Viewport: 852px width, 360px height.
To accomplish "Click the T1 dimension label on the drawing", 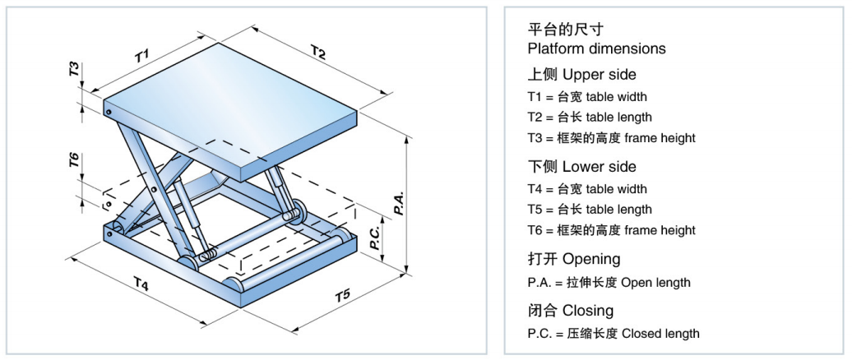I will point(141,56).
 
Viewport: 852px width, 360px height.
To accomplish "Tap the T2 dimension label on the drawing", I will point(317,53).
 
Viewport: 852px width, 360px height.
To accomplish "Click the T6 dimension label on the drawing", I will point(75,161).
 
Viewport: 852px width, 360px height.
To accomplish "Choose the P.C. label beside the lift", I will point(374,238).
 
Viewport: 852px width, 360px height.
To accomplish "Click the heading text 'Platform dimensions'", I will point(596,48).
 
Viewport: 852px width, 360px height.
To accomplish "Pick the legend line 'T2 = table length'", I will point(590,118).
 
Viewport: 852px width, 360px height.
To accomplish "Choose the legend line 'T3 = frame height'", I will point(611,138).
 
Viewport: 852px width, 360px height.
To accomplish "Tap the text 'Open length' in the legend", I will point(655,283).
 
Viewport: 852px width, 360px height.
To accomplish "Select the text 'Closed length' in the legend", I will point(660,334).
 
